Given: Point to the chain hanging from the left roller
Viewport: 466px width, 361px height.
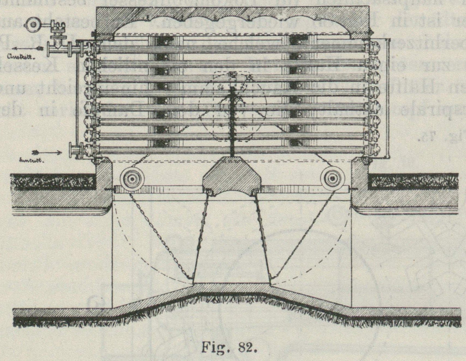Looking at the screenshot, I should [x=158, y=235].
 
